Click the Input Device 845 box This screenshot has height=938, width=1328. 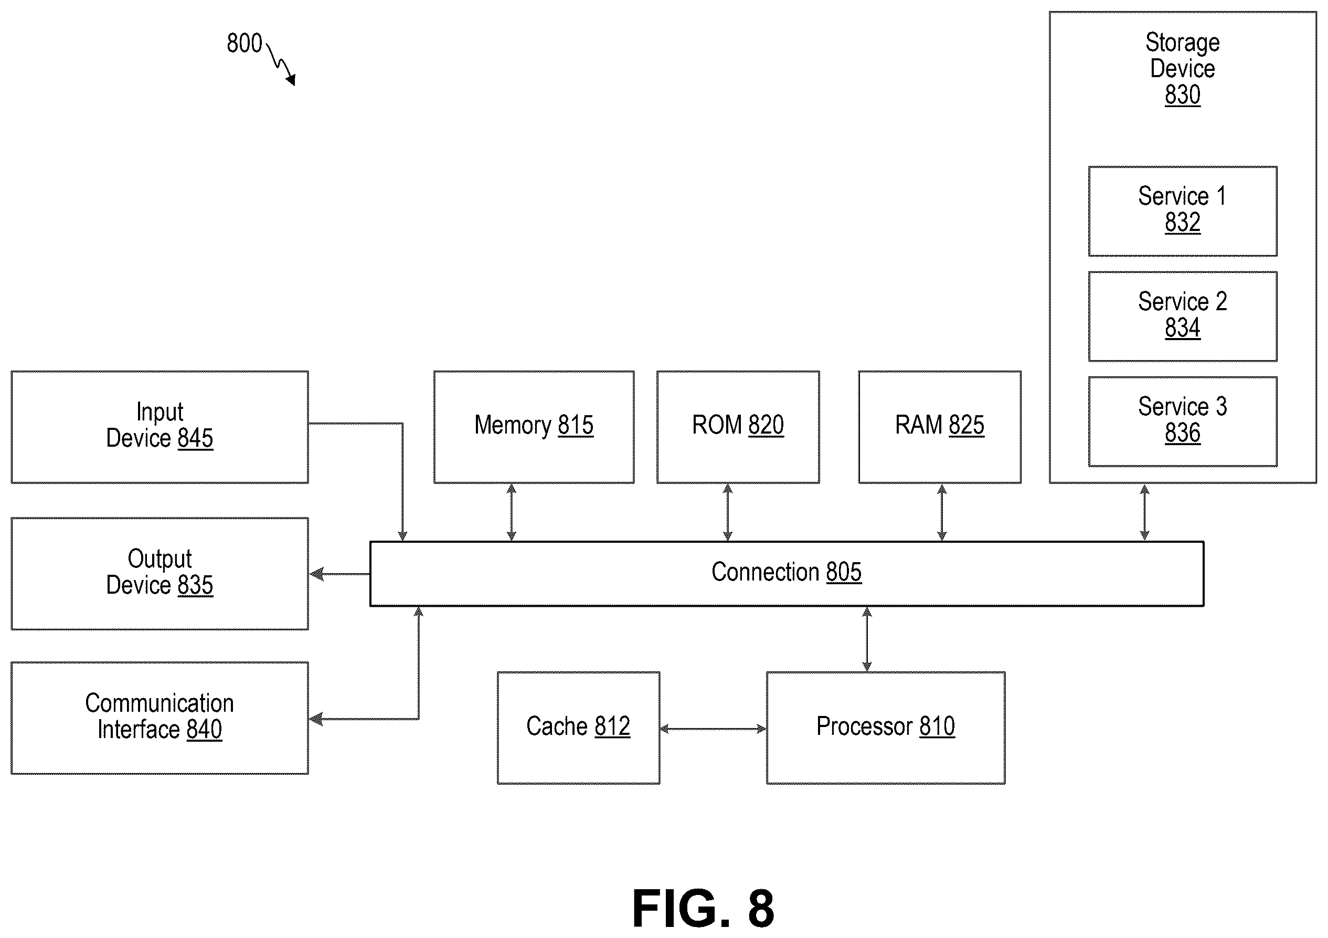pyautogui.click(x=160, y=427)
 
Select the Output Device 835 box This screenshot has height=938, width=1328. pyautogui.click(x=160, y=573)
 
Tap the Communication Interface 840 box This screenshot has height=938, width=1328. pyautogui.click(x=160, y=718)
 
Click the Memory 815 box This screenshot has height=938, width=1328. pyautogui.click(x=534, y=427)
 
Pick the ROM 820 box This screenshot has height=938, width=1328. pyautogui.click(x=738, y=427)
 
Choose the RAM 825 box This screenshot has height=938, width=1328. pyautogui.click(x=940, y=427)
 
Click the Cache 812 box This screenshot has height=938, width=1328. pyautogui.click(x=578, y=728)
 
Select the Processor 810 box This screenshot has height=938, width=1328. pyautogui.click(x=886, y=728)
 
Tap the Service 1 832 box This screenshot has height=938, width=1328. pyautogui.click(x=1183, y=211)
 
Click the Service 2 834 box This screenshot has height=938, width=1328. pyautogui.click(x=1183, y=317)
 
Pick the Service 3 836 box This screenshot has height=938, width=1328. pyautogui.click(x=1183, y=422)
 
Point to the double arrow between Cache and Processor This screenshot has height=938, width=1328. pyautogui.click(x=713, y=729)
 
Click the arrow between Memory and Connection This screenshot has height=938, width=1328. pyautogui.click(x=511, y=513)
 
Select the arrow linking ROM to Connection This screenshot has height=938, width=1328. pyautogui.click(x=728, y=513)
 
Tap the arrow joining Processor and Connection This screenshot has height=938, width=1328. pyautogui.click(x=866, y=639)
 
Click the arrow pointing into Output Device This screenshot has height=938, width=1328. pyautogui.click(x=339, y=575)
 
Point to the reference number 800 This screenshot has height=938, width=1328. pyautogui.click(x=244, y=44)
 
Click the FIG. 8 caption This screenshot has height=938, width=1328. pyautogui.click(x=703, y=908)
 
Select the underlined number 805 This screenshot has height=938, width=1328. pyautogui.click(x=844, y=572)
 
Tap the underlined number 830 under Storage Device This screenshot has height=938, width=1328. pyautogui.click(x=1183, y=95)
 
